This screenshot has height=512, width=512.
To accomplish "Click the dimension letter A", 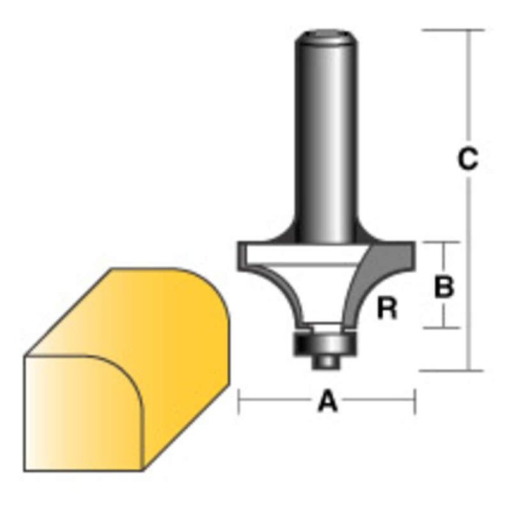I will (327, 403).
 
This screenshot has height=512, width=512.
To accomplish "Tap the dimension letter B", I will (444, 287).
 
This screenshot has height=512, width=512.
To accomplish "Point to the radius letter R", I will (387, 310).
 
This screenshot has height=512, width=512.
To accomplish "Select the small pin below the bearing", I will (326, 360).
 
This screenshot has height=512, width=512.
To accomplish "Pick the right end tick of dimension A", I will (415, 403).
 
